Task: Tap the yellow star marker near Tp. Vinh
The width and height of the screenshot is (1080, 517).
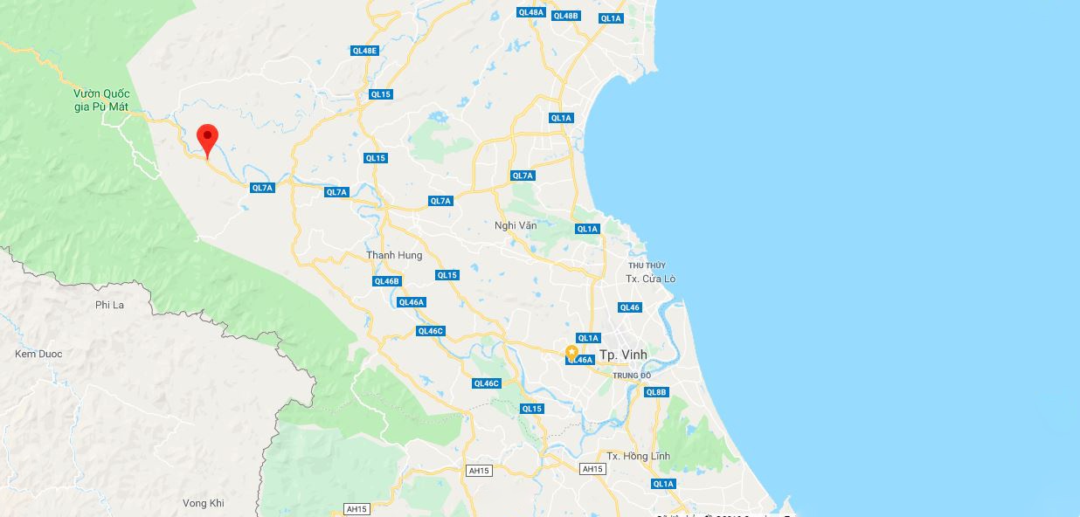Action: coord(571,353)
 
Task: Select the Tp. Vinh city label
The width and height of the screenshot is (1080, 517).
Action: coord(623,355)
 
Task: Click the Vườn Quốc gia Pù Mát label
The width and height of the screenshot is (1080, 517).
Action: coord(101,100)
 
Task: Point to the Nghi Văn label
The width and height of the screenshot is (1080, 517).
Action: coord(516,225)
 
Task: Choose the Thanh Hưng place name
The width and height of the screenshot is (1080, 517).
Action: coord(394,255)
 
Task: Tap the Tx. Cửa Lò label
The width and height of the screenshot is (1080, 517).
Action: coord(650,279)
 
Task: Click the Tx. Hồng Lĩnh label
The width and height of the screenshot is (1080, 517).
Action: coord(638,456)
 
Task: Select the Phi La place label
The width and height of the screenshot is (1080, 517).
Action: coord(110,305)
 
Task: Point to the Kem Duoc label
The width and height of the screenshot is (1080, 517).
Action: coord(38,354)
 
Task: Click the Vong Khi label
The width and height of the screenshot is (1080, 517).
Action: coord(204,503)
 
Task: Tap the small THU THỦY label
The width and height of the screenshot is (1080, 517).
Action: coord(647,265)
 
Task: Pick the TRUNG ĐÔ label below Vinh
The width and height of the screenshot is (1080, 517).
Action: coord(633,376)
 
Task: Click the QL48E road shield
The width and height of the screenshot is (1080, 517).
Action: coord(364,51)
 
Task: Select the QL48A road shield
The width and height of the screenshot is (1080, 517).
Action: coord(530,12)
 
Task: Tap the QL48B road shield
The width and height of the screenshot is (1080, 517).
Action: coord(566,16)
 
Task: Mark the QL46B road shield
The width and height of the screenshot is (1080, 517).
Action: coord(386,281)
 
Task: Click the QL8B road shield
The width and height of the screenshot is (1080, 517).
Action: coord(656,392)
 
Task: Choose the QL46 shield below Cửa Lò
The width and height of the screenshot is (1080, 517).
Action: coord(629,307)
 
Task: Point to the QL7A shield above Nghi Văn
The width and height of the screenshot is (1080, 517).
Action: coord(523,176)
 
